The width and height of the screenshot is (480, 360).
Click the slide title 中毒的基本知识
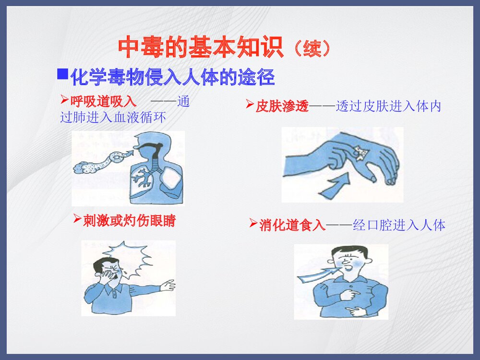pyautogui.click(x=201, y=48)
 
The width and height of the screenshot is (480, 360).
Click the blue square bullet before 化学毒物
pyautogui.click(x=62, y=74)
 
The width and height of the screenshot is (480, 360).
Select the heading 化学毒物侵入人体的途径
pyautogui.click(x=172, y=77)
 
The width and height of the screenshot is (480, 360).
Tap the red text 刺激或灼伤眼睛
pyautogui.click(x=129, y=221)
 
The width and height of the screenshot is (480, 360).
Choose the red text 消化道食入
pyautogui.click(x=292, y=225)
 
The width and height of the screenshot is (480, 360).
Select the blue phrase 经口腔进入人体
pyautogui.click(x=399, y=225)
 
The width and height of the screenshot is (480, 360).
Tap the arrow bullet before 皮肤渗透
pyautogui.click(x=250, y=104)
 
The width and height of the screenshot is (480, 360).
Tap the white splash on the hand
pyautogui.click(x=360, y=151)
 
